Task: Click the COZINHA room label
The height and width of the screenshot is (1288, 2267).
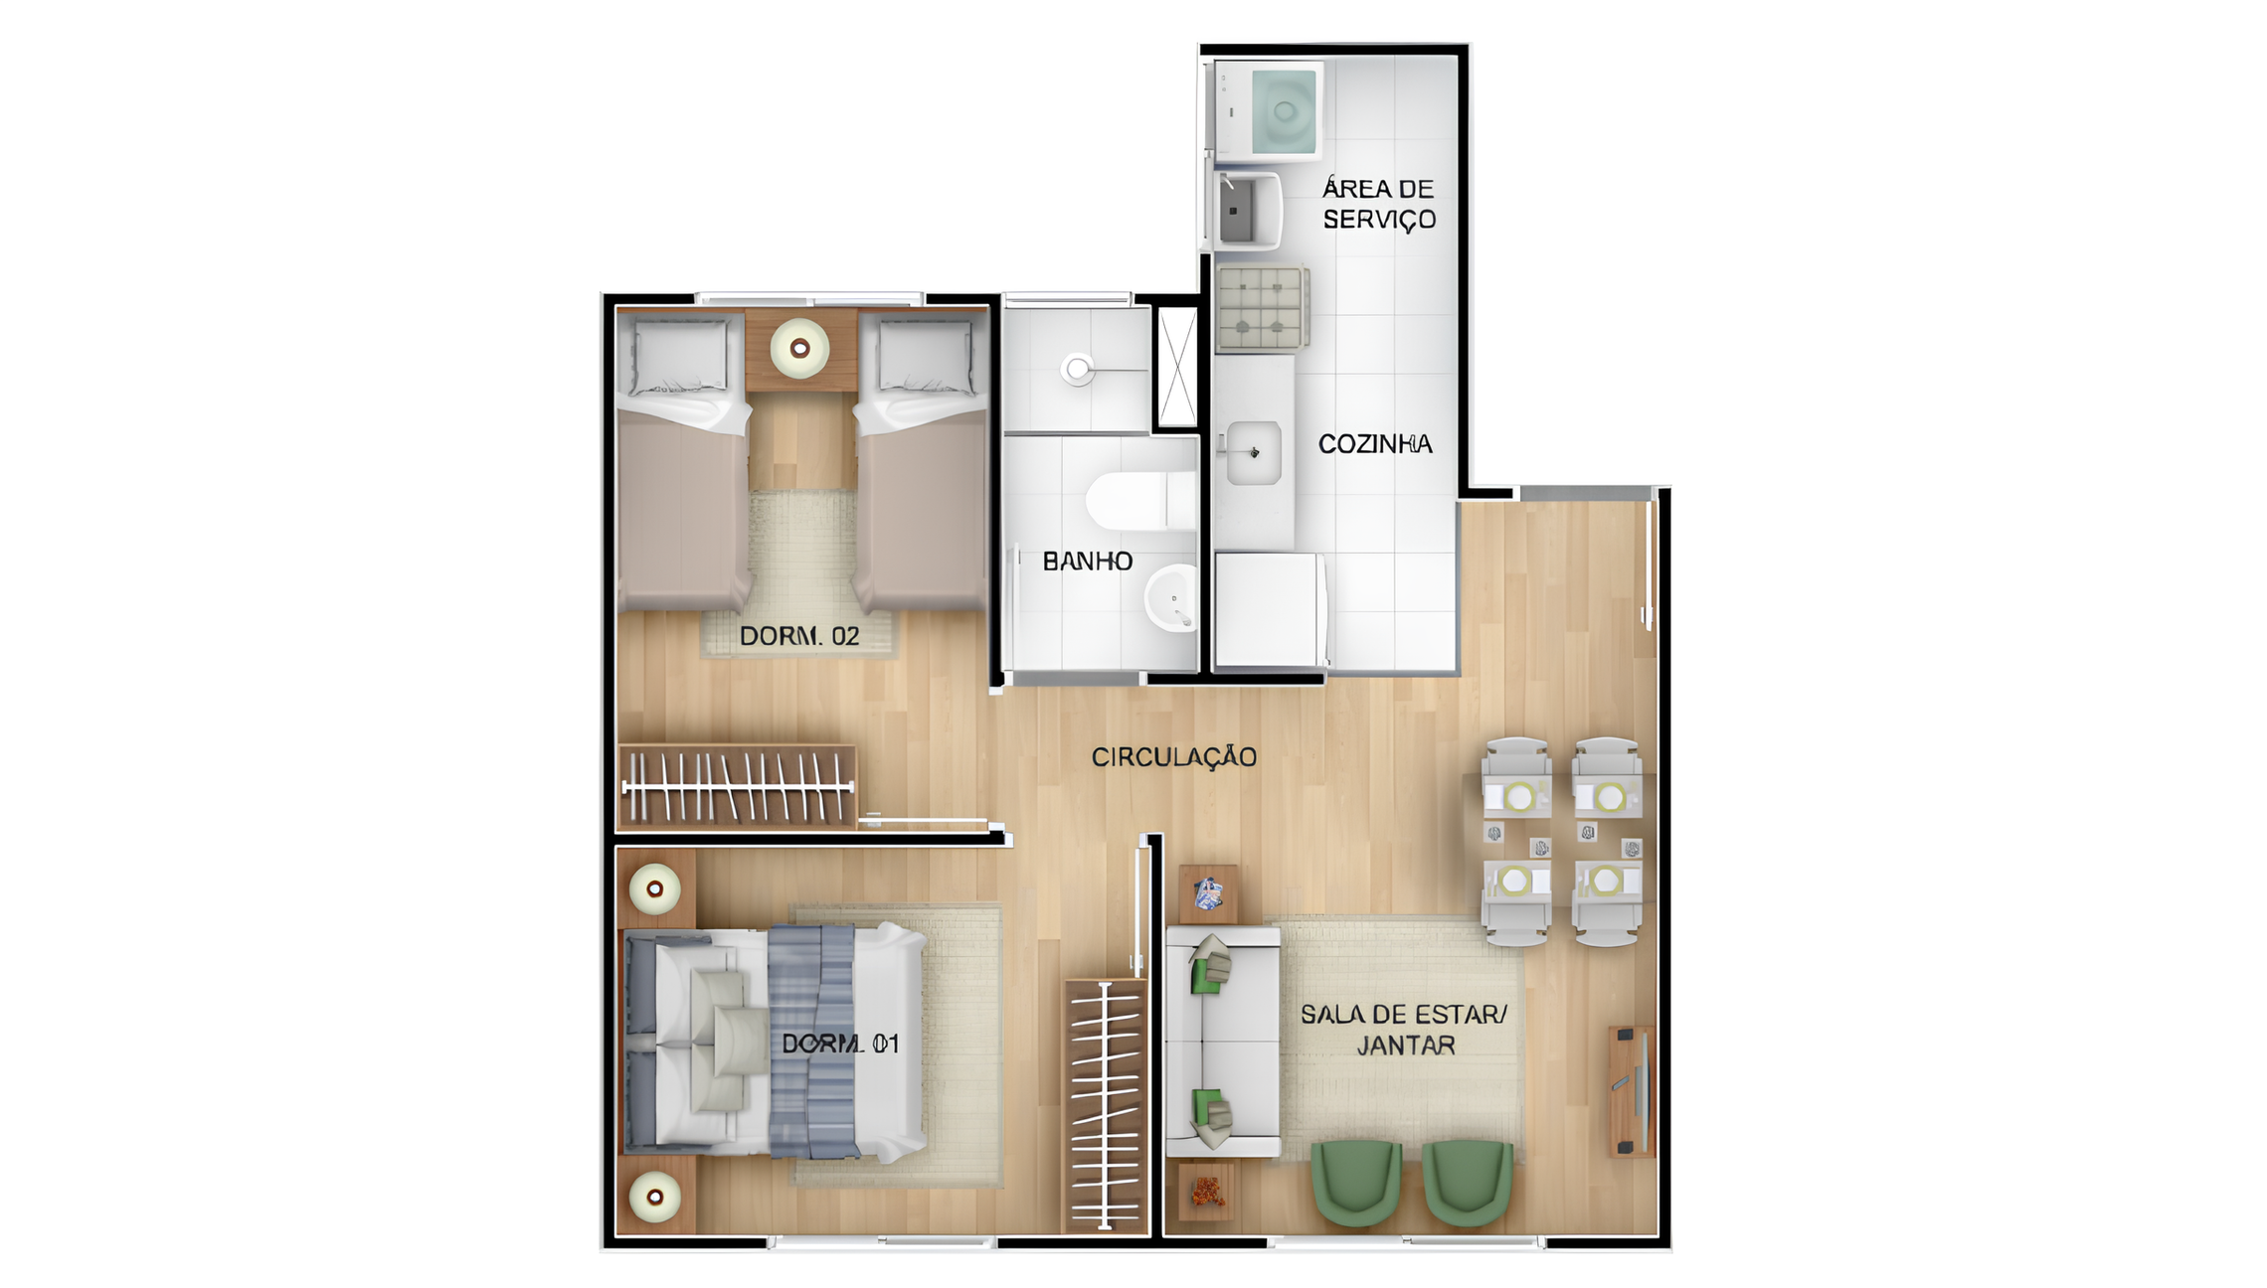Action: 1375,444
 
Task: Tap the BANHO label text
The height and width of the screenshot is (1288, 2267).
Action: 1088,562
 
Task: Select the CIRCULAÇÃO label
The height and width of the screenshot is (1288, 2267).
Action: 1174,757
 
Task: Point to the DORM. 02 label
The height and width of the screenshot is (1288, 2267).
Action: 799,636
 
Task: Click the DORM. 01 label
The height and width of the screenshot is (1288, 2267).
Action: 840,1044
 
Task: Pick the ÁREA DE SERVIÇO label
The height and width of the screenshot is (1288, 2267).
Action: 1379,205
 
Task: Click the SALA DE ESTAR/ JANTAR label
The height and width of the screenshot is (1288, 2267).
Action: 1404,1030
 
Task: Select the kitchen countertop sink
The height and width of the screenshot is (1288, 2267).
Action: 1253,452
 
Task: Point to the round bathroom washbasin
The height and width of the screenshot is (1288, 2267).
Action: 1171,598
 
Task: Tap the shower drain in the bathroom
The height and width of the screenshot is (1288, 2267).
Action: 1077,370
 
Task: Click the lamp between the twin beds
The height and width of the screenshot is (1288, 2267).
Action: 799,349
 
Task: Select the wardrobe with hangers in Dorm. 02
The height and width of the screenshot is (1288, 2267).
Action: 737,787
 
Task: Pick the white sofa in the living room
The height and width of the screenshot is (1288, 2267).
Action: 1223,1042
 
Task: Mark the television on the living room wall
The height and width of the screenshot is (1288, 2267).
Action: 1639,1091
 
